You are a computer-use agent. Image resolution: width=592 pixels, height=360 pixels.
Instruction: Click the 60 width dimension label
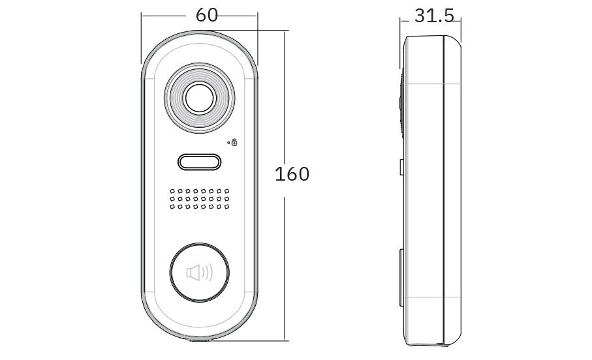207,15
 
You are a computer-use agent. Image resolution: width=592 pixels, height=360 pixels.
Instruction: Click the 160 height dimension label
292,174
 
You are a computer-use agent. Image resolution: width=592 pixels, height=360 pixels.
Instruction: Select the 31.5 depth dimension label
433,16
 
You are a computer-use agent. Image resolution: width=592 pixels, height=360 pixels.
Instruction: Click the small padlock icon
234,142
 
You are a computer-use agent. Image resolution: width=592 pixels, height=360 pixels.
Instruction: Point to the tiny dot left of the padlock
228,142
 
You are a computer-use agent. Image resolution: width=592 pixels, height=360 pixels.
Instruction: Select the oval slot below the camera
199,162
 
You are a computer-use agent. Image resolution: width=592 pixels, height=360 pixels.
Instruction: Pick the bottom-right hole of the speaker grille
226,207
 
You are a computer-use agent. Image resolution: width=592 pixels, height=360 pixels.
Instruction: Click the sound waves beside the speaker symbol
208,272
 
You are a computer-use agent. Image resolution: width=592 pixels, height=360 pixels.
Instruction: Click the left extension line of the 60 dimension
141,39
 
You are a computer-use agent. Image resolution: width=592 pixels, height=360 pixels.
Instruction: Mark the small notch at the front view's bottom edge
199,338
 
